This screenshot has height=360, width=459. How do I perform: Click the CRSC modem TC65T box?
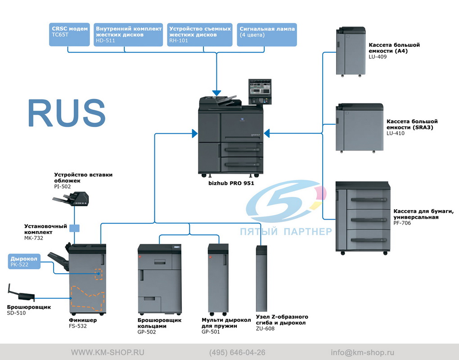pos(69,35)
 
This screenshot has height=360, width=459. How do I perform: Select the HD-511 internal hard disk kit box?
pos(128,35)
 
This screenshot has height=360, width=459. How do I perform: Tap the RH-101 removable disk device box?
pos(200,35)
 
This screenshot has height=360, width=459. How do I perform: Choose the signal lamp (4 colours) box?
pos(267,35)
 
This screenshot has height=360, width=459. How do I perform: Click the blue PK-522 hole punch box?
pos(24,261)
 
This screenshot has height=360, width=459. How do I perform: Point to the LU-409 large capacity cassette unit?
pos(351,52)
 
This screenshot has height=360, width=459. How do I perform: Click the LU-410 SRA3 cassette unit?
pos(360,128)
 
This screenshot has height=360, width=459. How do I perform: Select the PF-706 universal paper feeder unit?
pos(363,218)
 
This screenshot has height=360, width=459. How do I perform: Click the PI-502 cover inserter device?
pos(71,199)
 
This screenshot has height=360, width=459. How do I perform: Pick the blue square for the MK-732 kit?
pos(74,228)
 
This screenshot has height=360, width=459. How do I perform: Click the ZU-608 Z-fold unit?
pos(261,279)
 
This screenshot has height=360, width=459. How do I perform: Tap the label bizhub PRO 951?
pos(231,183)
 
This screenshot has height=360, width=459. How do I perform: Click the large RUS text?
pos(67,113)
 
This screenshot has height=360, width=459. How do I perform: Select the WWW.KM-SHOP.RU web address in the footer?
pos(108,353)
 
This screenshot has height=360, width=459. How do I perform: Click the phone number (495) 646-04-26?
pos(238,353)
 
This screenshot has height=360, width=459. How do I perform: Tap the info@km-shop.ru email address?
pos(362,353)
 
